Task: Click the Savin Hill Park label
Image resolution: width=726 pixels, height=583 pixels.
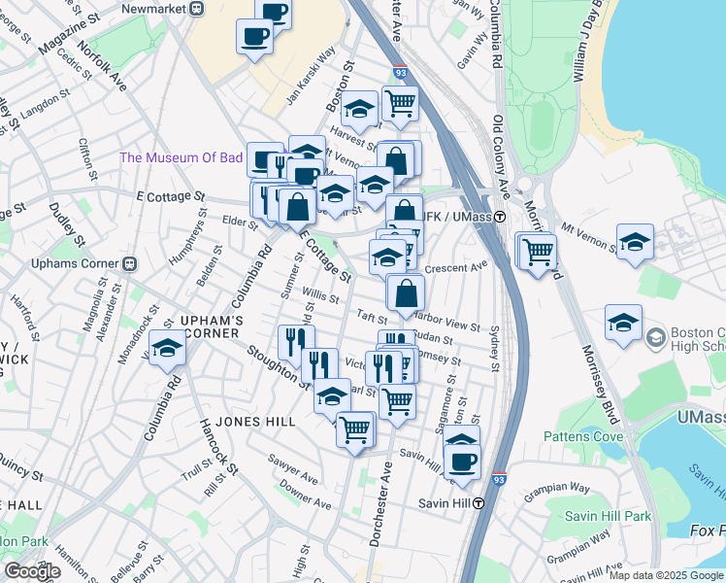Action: pyautogui.click(x=610, y=516)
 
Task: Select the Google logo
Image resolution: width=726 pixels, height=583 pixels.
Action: pyautogui.click(x=32, y=570)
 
